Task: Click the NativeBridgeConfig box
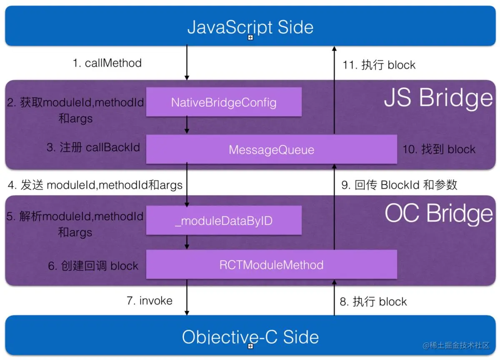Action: [224, 102]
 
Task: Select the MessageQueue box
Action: [271, 150]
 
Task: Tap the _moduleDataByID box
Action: [224, 220]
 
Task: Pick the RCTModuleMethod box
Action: [271, 265]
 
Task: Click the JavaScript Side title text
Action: [250, 27]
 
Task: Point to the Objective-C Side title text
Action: [250, 337]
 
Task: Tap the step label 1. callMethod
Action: [107, 63]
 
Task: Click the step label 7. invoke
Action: [149, 301]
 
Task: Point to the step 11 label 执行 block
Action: [379, 65]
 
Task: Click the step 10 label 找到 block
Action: [438, 149]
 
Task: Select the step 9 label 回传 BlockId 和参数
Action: [399, 185]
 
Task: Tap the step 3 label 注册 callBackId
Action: [93, 147]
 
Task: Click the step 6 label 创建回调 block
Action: [93, 266]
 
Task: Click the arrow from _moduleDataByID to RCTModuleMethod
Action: [187, 242]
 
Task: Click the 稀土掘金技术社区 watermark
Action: [456, 345]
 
